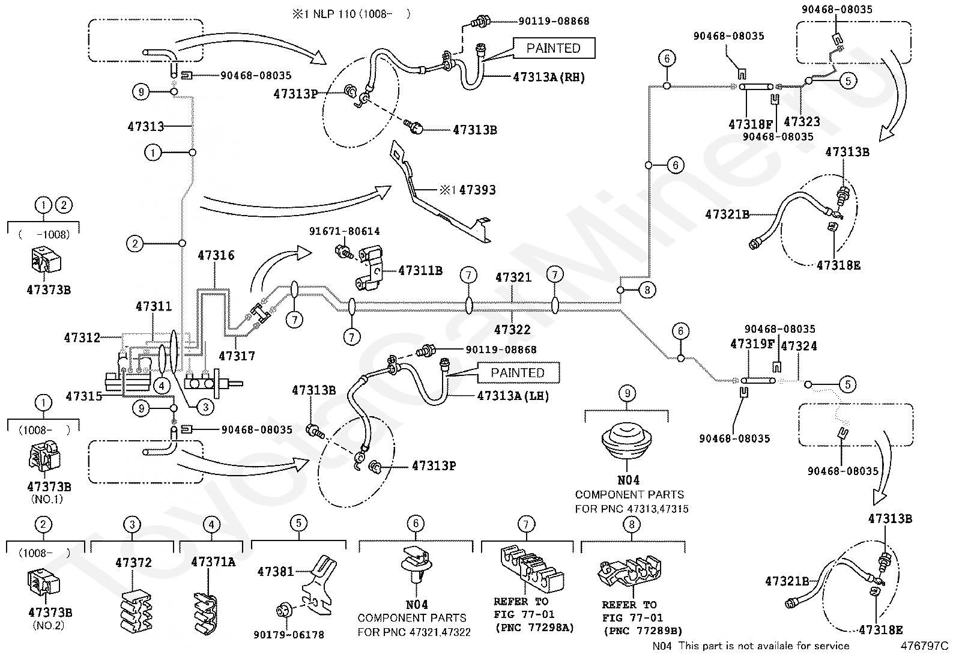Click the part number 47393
[477, 190]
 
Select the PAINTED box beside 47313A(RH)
[554, 48]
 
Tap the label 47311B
[420, 271]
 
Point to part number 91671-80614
[345, 231]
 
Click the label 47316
[216, 255]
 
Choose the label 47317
[237, 356]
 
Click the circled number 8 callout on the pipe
[647, 290]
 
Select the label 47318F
[751, 124]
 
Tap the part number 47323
[802, 122]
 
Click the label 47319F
[752, 344]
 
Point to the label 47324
[799, 346]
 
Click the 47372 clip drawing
[135, 611]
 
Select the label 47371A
[213, 562]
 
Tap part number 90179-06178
[289, 635]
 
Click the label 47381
[276, 571]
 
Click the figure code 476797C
[924, 646]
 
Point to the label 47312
[82, 338]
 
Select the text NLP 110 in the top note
[334, 14]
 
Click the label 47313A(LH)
[513, 396]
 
